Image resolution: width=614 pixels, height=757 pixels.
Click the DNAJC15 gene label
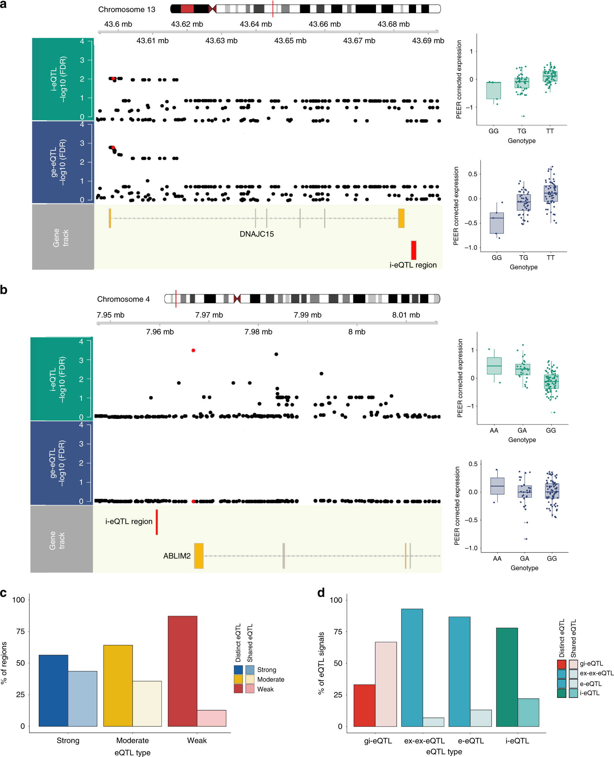coord(257,234)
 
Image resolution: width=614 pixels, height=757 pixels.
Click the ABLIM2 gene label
coord(177,556)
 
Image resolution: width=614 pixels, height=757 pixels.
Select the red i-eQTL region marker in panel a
coord(413,250)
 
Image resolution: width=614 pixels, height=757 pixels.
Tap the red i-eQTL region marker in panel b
coord(157,522)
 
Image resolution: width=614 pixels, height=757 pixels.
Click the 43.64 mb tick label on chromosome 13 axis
coord(255,24)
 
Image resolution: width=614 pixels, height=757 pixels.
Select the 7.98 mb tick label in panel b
coord(258,332)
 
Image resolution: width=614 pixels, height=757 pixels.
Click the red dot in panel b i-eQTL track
coord(193,350)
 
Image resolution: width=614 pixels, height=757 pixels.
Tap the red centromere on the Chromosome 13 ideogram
coord(212,9)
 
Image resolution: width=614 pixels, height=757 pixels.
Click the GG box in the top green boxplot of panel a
coord(493,91)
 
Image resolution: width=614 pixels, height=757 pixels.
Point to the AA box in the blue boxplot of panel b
coord(497,486)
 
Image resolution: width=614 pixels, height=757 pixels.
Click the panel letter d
coord(321,593)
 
